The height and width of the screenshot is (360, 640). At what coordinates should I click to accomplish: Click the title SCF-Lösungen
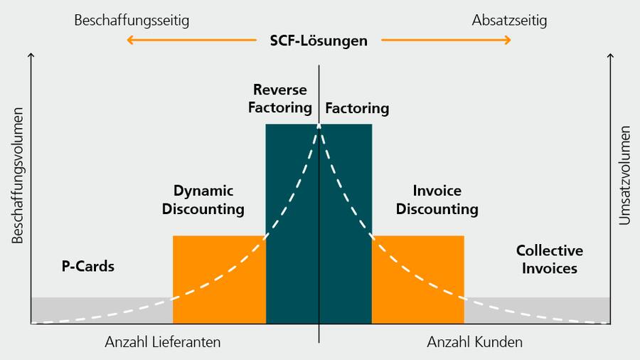[x=319, y=41]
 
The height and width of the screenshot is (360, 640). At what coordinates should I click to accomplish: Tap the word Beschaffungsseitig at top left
[x=132, y=21]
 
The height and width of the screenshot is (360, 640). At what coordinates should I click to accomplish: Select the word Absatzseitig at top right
[x=509, y=21]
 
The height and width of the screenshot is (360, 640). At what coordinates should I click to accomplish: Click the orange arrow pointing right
[x=446, y=41]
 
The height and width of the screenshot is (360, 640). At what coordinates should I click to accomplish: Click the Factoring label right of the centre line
[x=357, y=108]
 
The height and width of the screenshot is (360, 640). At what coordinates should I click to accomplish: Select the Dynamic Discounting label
[x=203, y=200]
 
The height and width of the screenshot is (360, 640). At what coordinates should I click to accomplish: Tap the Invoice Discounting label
[x=437, y=200]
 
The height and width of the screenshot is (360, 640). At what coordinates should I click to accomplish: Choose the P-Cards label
[x=88, y=267]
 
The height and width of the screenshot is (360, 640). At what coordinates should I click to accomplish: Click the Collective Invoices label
[x=549, y=259]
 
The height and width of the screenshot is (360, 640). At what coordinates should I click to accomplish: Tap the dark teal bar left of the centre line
[x=284, y=235]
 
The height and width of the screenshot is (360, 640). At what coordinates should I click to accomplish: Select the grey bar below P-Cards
[x=100, y=310]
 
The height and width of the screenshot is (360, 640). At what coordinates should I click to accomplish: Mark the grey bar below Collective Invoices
[x=540, y=310]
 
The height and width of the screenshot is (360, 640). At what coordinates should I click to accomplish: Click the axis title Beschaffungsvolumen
[x=18, y=176]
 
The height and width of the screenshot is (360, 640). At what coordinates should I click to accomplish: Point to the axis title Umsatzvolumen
[x=624, y=176]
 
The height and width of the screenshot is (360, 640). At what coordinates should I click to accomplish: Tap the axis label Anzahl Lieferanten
[x=163, y=342]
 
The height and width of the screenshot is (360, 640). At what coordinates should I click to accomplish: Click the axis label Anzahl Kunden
[x=474, y=342]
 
